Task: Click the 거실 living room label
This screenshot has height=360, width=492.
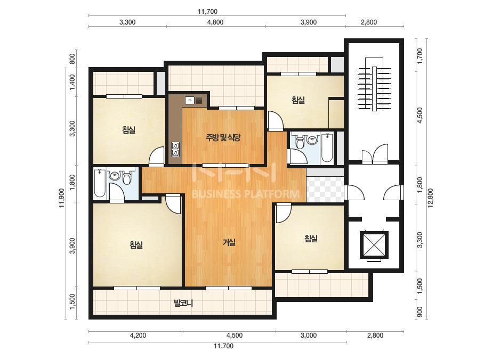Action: (x=229, y=242)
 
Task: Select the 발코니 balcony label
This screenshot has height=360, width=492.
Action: (x=183, y=303)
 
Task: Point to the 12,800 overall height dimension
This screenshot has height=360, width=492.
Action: (x=430, y=198)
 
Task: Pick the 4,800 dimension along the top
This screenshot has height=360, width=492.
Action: (x=216, y=22)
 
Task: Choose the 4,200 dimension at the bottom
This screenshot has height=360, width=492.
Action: (x=138, y=335)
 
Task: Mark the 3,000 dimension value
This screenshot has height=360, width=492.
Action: (x=309, y=335)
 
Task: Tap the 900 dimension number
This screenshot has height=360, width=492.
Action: (x=420, y=312)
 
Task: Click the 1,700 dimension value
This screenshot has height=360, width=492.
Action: (x=420, y=55)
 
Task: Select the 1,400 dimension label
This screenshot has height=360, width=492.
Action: (x=72, y=82)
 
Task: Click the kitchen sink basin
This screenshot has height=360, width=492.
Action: (x=190, y=101)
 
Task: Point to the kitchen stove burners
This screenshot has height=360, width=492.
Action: (x=175, y=149)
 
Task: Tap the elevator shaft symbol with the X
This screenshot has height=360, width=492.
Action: (x=374, y=244)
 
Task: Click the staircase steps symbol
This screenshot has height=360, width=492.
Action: (x=374, y=84)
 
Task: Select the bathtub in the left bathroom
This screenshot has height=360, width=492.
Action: (x=100, y=183)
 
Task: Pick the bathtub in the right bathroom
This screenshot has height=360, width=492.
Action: (x=327, y=148)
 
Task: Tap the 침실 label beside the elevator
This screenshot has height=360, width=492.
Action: (x=311, y=239)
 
